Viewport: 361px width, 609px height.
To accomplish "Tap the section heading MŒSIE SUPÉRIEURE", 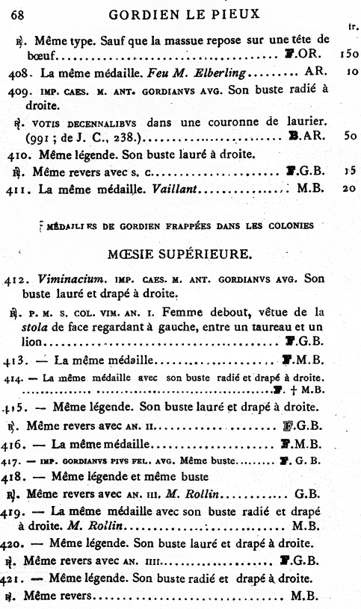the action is tap(182, 255).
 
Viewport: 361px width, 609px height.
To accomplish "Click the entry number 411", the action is tap(22, 190).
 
